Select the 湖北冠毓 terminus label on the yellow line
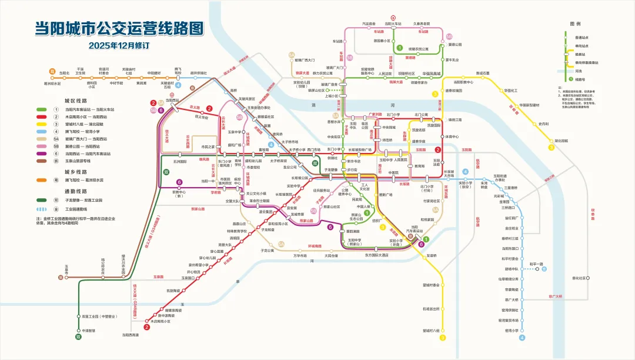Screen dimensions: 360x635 [562, 141]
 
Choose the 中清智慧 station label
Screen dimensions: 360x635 [89, 331]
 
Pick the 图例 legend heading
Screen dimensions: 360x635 [575, 24]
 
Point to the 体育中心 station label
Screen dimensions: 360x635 [451, 136]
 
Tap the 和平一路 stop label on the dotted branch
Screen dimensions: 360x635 [536, 264]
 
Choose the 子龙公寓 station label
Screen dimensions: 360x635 [268, 250]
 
